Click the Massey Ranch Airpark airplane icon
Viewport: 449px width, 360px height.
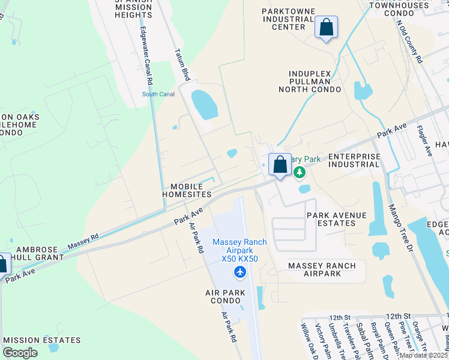(240, 273)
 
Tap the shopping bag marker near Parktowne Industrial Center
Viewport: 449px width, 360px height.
(326, 28)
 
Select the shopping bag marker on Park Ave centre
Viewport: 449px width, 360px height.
(280, 164)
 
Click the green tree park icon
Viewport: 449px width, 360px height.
(299, 173)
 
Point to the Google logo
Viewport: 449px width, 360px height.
(20, 353)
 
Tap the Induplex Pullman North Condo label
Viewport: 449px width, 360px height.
(309, 80)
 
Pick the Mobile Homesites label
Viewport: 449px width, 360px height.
(187, 190)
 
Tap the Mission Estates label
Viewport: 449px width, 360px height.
(42, 340)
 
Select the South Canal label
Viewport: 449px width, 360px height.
(158, 94)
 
